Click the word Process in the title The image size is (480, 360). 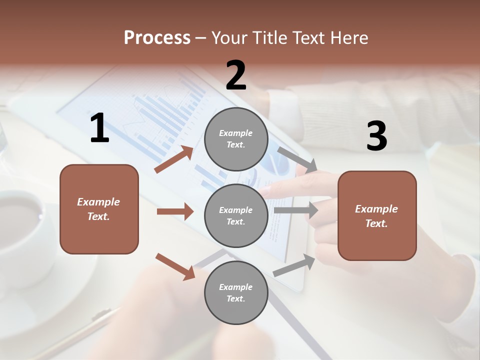pos(157,38)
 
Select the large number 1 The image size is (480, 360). pos(99,128)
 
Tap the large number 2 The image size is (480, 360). pos(236,75)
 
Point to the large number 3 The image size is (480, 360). pos(376,136)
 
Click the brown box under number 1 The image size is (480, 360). pos(99,209)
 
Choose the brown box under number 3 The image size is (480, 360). pos(377,215)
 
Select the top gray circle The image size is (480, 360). pos(236,139)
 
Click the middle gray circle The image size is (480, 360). pos(236,215)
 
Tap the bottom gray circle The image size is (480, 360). pos(236,292)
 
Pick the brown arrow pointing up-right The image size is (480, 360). pos(174,159)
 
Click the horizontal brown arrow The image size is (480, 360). pos(175,211)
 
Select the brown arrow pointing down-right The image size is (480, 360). pos(175,266)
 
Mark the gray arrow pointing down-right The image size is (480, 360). pos(297,160)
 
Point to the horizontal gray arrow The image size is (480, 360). pos(295,210)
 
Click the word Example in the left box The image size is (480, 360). pos(98,202)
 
